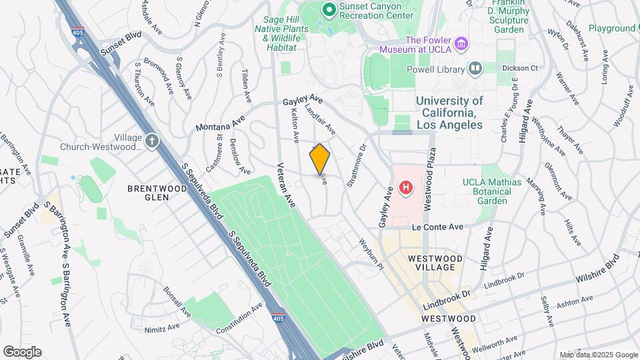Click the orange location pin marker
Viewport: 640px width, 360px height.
point(319,159)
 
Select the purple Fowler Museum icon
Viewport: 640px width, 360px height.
point(462,44)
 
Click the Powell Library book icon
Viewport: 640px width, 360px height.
point(475,67)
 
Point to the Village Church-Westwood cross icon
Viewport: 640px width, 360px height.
point(152,141)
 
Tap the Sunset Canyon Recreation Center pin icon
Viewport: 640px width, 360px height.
point(328,9)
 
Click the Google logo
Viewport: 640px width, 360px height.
point(22,352)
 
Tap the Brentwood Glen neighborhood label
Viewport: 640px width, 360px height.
point(157,194)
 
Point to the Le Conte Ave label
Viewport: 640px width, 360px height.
point(437,227)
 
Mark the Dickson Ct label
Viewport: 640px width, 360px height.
point(519,68)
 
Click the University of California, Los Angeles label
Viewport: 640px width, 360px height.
point(449,113)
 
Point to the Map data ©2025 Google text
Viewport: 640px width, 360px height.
point(598,355)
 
